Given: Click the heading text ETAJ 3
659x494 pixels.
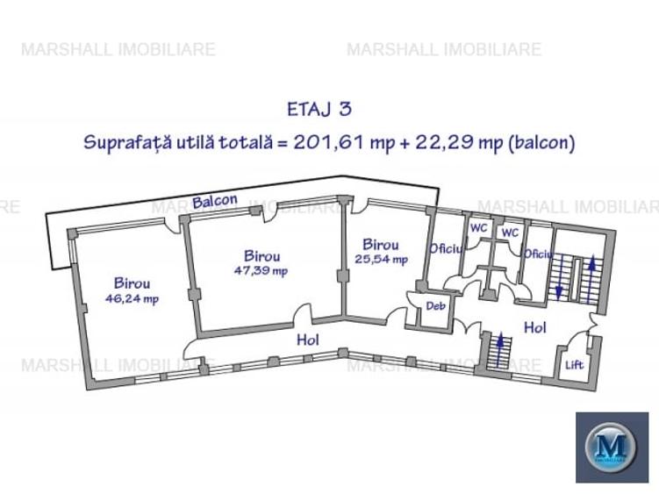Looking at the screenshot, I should point(319,110).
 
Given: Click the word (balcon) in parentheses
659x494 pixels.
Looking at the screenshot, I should point(541,143).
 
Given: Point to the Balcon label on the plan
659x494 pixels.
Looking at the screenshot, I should point(215,201).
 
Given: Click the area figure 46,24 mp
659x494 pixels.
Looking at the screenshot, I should point(132,298).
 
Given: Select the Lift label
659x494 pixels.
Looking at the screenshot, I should point(574,364).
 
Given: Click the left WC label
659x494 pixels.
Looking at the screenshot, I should point(478,227).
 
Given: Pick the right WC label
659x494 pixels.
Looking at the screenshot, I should point(509,233).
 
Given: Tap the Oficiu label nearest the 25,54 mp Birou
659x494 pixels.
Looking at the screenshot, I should point(446,248).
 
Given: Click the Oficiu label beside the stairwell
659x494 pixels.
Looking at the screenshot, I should point(538,254).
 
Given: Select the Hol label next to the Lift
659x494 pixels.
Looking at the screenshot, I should point(534,327).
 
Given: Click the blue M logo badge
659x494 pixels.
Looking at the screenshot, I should point(611,446).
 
